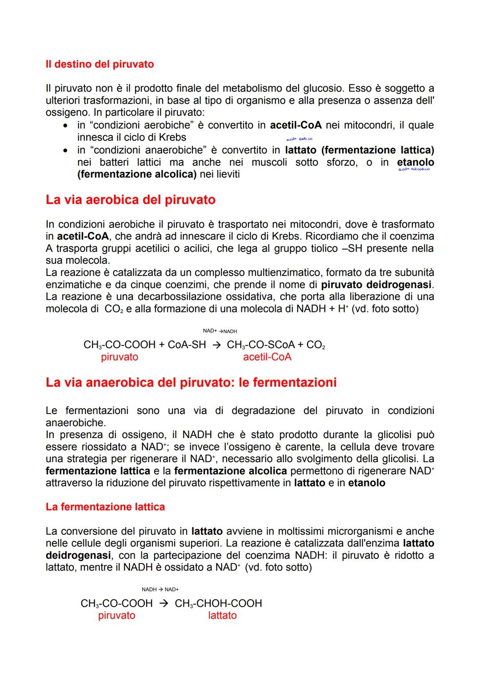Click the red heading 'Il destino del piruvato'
tap(100, 64)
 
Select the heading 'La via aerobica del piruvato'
tap(130, 200)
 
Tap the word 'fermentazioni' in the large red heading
tap(294, 382)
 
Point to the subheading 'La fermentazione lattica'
tap(105, 507)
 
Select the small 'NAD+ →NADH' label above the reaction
tap(220, 331)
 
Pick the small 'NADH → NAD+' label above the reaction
tap(160, 589)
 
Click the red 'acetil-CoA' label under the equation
tap(267, 357)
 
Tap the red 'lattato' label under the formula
tap(222, 615)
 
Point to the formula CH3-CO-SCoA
tap(260, 345)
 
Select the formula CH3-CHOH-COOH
tap(218, 603)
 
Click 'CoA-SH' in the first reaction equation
tap(187, 345)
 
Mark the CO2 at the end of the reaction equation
tap(316, 345)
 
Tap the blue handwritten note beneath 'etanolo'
tap(414, 169)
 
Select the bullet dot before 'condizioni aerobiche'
tap(65, 126)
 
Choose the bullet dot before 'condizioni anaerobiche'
tap(65, 151)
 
